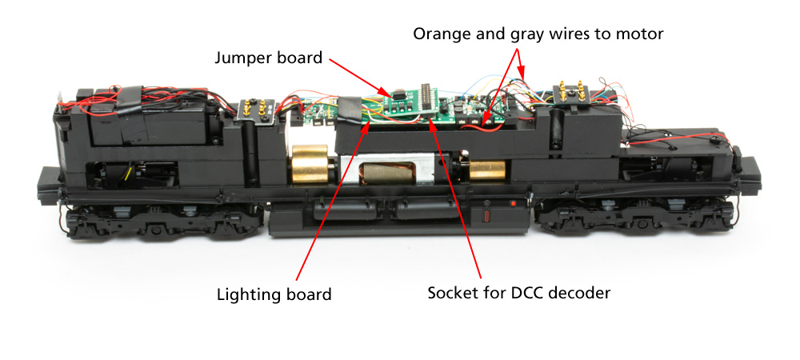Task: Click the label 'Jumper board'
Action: coord(268,58)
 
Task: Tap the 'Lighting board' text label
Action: coord(274,294)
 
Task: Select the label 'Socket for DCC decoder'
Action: coord(519,294)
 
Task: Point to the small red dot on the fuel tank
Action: coord(512,204)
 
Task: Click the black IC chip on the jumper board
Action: coord(398,94)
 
